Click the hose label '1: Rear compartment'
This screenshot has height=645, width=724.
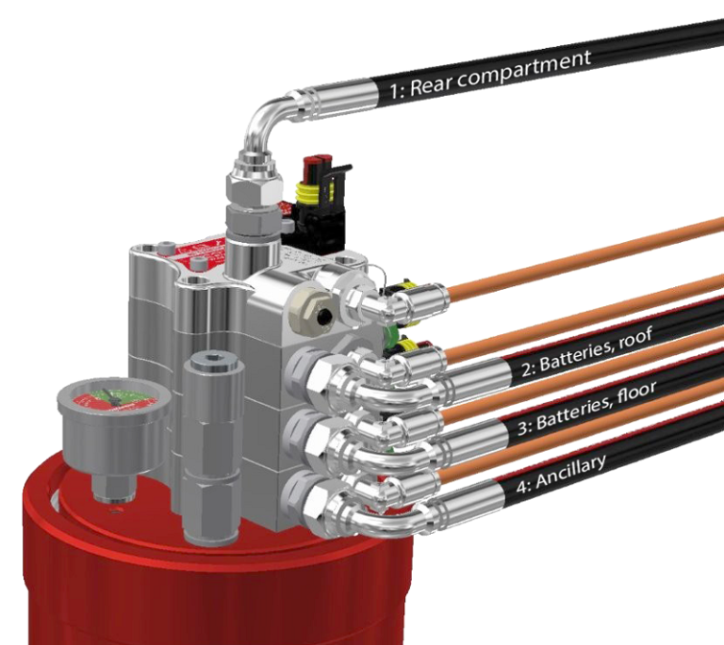click(490, 74)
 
